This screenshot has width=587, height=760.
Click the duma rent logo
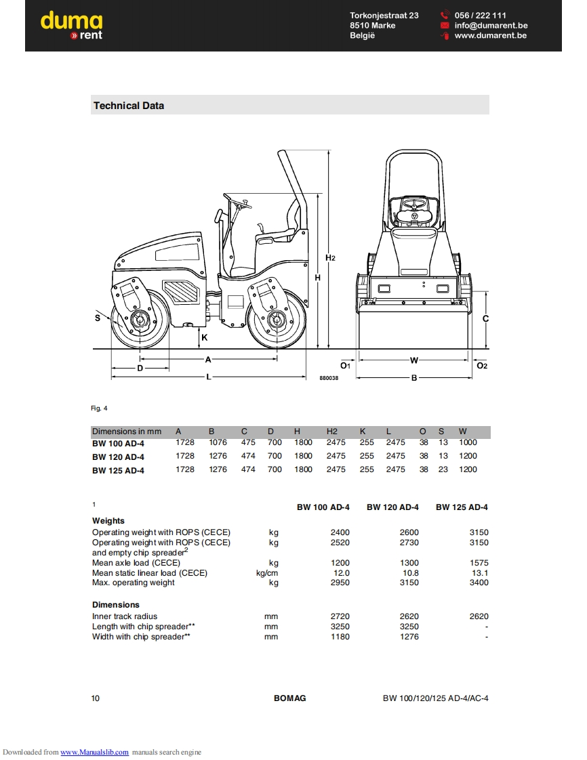[x=72, y=26]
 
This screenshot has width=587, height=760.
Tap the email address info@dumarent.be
[x=491, y=26]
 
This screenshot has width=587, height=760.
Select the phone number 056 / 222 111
[x=480, y=16]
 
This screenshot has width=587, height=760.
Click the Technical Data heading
[x=129, y=106]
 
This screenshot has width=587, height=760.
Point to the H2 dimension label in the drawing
[x=330, y=257]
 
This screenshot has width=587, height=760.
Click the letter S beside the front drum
[x=98, y=317]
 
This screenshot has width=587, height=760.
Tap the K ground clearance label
[x=204, y=337]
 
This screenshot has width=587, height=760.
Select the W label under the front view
[x=414, y=360]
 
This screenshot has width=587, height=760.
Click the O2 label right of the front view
[x=482, y=366]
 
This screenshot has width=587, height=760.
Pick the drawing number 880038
[x=329, y=378]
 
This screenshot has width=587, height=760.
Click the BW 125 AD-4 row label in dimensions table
[x=118, y=470]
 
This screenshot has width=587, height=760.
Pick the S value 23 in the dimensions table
[x=443, y=469]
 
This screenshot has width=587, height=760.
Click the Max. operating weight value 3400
[x=479, y=583]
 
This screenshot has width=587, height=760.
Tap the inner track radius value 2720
[x=340, y=616]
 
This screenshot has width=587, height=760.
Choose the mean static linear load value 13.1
[x=480, y=573]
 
